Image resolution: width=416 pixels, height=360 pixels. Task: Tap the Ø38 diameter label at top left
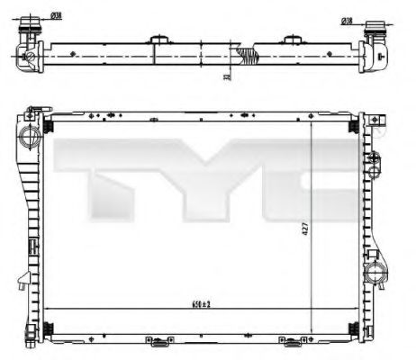tap(56, 15)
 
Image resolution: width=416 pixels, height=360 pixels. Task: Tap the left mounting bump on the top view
tap(160, 40)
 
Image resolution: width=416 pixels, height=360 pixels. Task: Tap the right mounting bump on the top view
tap(292, 40)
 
